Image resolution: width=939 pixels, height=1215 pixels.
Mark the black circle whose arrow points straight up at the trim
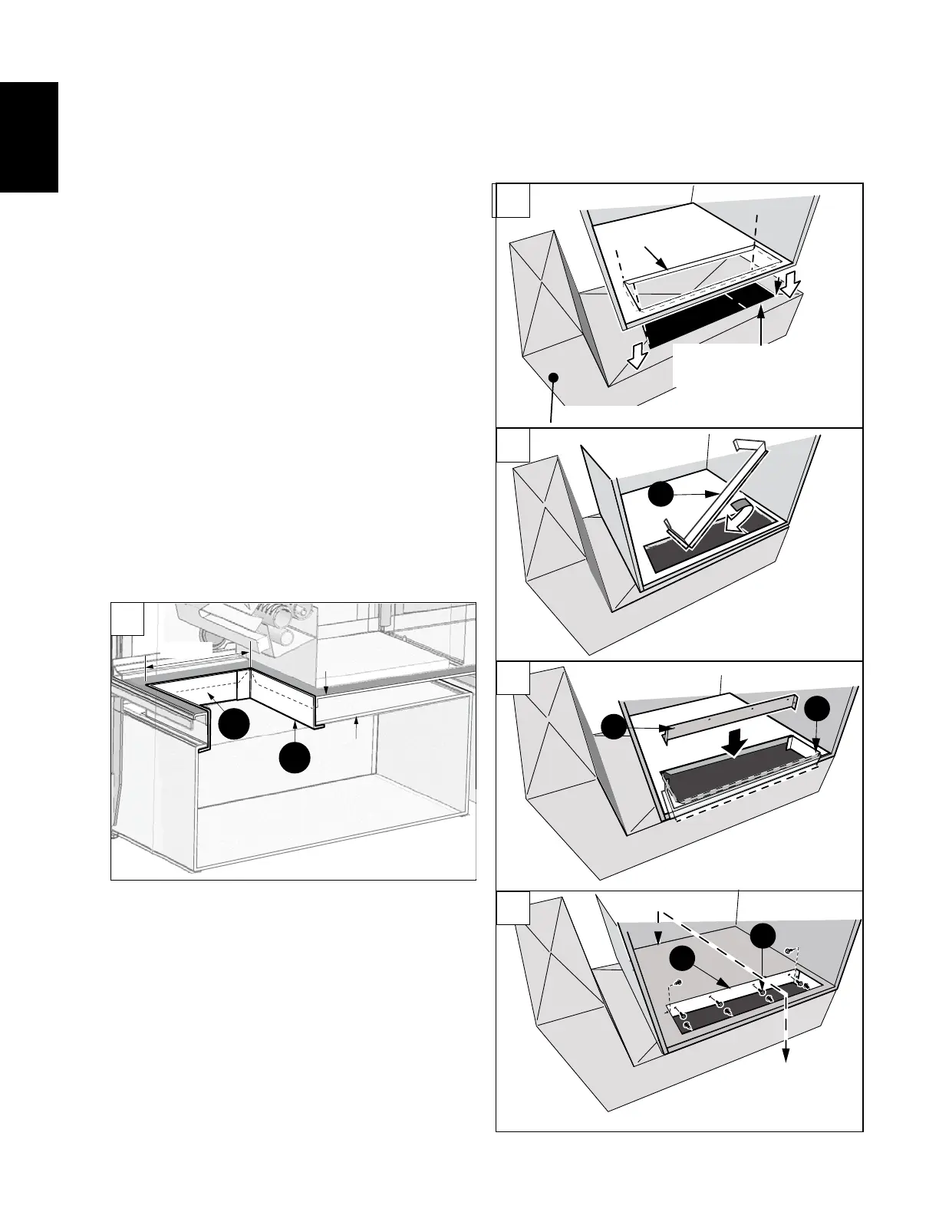pyautogui.click(x=294, y=757)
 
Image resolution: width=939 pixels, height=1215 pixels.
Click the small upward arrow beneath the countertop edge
pyautogui.click(x=356, y=726)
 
